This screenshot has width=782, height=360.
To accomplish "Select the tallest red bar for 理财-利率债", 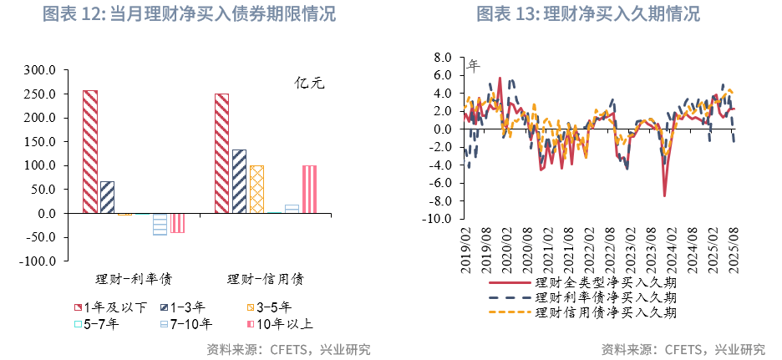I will point(90,151).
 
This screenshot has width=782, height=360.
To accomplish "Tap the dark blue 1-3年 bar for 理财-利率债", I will point(107,197).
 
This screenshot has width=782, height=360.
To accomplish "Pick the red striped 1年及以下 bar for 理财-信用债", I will point(221,153).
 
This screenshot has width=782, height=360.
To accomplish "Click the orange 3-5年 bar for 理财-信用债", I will point(256,190).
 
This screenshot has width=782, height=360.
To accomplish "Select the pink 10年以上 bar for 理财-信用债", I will point(309,190).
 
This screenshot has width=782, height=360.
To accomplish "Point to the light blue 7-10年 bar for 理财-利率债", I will point(160,224).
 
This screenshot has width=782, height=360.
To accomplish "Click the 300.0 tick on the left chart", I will point(39,70).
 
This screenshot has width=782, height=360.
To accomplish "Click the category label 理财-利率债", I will point(134,278).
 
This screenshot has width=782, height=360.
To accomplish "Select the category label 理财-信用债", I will point(265,278).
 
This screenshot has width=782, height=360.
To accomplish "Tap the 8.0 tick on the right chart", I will point(443,58).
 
